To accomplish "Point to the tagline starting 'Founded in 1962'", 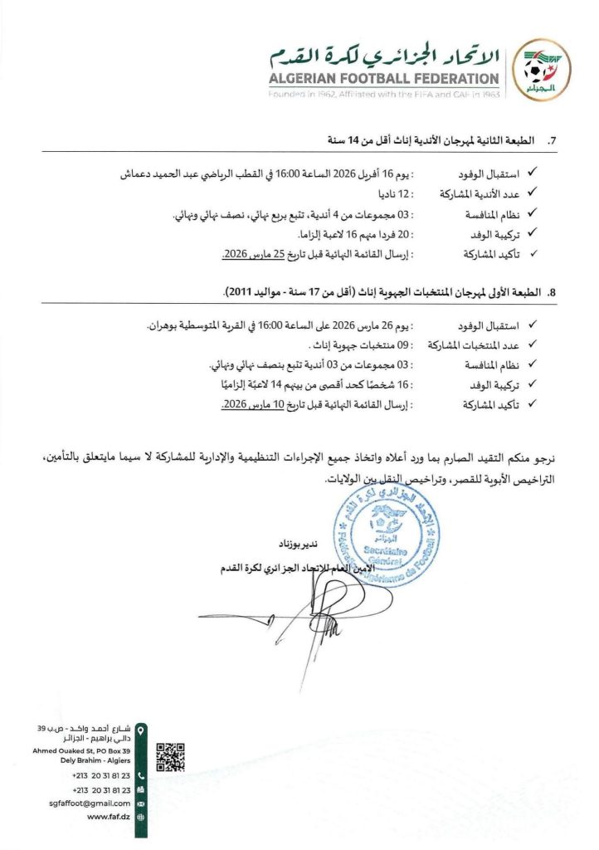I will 384,95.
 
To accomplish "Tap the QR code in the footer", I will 170,757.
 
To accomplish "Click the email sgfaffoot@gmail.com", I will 89,803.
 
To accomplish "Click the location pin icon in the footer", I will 140,730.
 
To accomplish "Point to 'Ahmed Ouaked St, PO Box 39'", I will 83,750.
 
